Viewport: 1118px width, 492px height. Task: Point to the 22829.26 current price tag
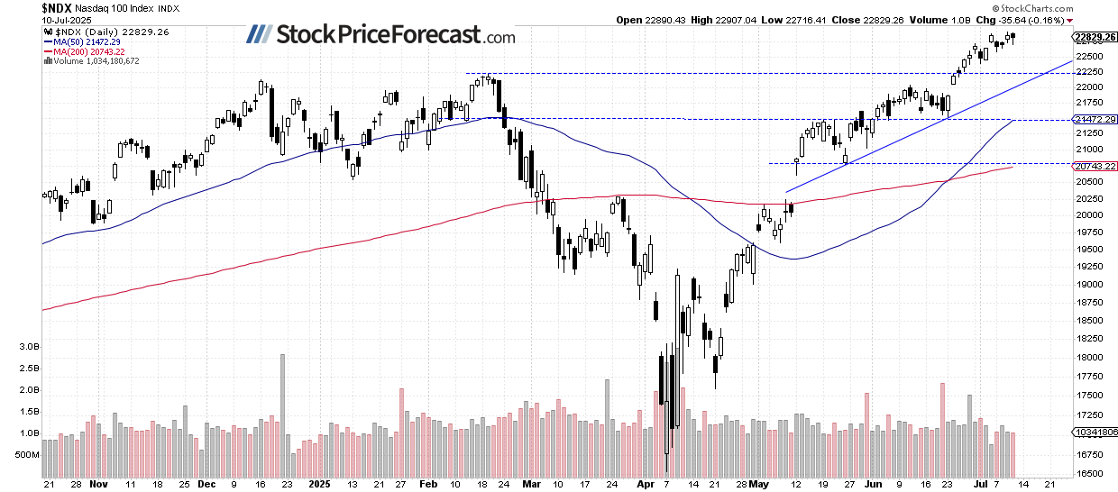[x=1096, y=37]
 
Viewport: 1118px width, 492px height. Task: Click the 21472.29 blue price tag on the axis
[x=1096, y=119]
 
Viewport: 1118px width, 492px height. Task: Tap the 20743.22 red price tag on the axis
[x=1096, y=167]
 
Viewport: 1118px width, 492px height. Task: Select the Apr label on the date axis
[x=646, y=484]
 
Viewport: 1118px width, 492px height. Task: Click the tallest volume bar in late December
[x=282, y=415]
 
